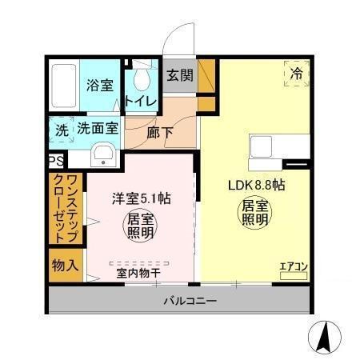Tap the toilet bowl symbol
coord(142,78)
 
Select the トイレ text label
coord(140,102)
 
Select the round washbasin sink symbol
coord(102,154)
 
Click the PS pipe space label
coord(55,162)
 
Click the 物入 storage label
coord(64,265)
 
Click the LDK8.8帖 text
coord(258,185)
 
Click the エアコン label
coord(293,267)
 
